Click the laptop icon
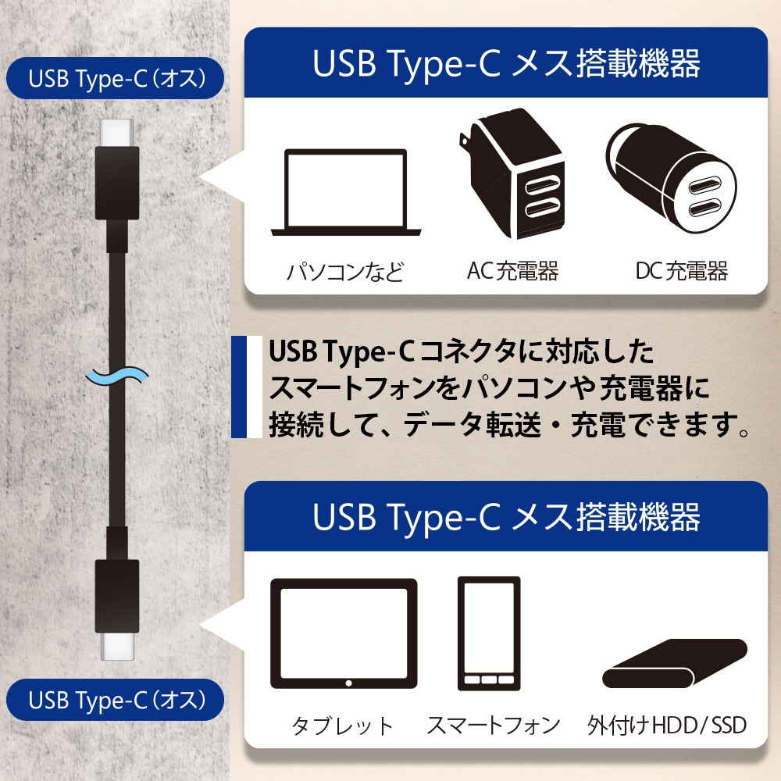346,192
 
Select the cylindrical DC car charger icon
671,178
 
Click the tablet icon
344,633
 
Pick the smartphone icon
489,633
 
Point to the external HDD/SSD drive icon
675,663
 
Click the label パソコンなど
344,272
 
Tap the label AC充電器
512,271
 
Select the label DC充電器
681,271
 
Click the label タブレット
343,726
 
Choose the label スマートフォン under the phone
494,726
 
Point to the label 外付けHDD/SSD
667,726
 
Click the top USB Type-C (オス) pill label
115,78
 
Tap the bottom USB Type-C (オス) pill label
115,700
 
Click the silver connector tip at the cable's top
117,134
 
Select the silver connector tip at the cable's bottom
117,646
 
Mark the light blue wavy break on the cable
117,377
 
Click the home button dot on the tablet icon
348,683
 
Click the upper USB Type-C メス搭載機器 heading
506,63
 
